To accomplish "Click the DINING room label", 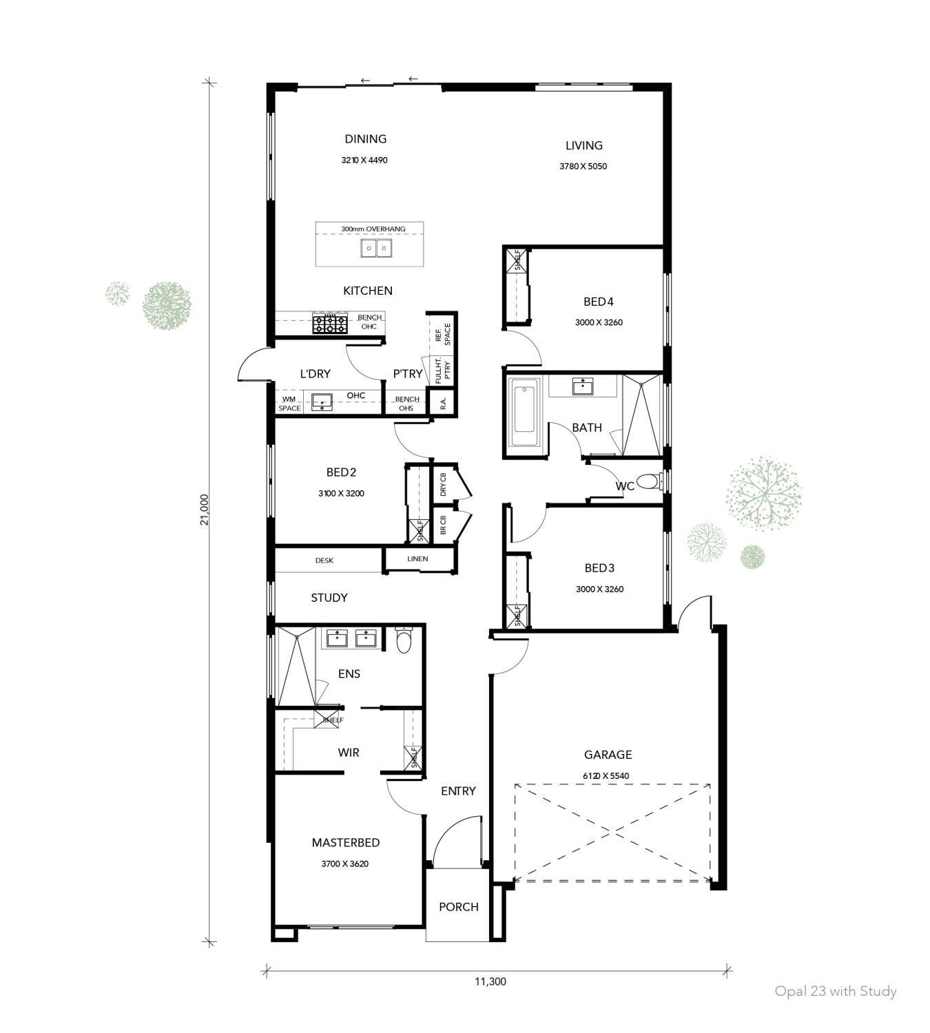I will [x=366, y=139].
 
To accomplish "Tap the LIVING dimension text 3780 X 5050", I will [x=583, y=166].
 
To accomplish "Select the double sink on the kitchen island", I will [x=376, y=248].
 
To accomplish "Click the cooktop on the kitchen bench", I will [x=330, y=323].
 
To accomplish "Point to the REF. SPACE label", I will [x=443, y=335].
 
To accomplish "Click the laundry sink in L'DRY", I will [x=322, y=401].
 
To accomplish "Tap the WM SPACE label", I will [x=289, y=404].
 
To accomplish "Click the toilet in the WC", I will [x=647, y=481].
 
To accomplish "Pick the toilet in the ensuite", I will [x=404, y=640].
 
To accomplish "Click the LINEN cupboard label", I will [x=417, y=559].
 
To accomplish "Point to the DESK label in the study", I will [x=324, y=561].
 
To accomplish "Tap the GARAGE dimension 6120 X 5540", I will [x=606, y=775].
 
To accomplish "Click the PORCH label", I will [x=459, y=907].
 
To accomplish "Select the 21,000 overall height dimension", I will [x=205, y=510].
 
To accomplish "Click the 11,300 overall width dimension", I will [x=490, y=981].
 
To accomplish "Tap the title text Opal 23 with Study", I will [x=836, y=991].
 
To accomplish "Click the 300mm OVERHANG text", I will [x=373, y=229].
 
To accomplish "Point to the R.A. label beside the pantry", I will [x=443, y=404].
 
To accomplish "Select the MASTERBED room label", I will [x=346, y=842].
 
